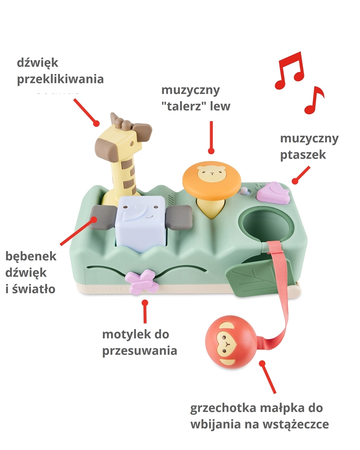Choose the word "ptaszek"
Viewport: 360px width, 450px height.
(303, 154)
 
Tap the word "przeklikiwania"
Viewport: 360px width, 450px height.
(60, 79)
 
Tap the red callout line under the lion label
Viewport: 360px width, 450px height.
(211, 135)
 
